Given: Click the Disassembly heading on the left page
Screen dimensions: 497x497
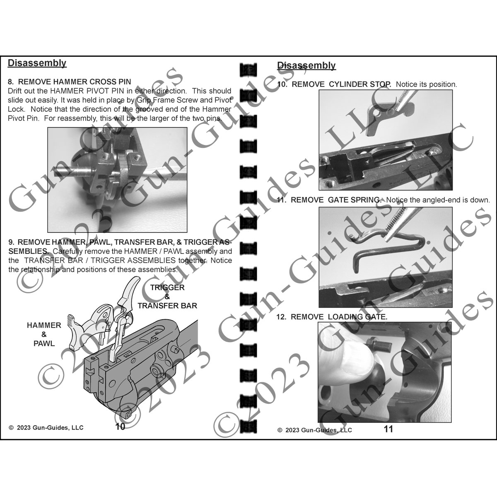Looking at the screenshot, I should point(37,63).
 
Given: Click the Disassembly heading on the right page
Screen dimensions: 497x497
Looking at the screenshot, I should point(306,65).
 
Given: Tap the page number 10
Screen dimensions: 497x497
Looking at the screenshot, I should point(120,427).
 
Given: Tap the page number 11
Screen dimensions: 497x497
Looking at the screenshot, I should point(388,429).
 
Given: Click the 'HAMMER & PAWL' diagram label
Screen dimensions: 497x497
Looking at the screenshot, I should point(44,334).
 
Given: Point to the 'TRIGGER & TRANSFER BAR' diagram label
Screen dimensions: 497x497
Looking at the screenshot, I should point(167,296).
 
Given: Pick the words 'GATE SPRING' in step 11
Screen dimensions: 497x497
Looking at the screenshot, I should point(354,200).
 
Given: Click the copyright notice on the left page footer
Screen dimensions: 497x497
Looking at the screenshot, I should point(46,427).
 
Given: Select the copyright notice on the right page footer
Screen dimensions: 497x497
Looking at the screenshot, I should point(315,430).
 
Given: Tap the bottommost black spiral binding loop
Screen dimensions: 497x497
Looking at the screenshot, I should point(248,425).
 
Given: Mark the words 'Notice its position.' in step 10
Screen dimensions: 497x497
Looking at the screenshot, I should point(426,84).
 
